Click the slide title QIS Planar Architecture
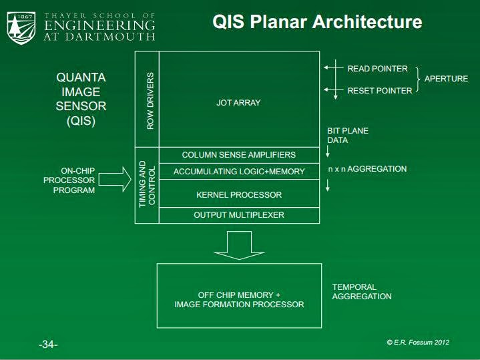point(317,21)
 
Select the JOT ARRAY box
point(238,103)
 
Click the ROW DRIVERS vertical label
point(150,100)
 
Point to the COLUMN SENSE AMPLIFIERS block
point(238,155)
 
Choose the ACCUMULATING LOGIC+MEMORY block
point(238,172)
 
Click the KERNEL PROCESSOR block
point(238,195)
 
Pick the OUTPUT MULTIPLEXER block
point(238,215)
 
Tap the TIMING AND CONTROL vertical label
point(147,184)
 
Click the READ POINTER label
point(377,69)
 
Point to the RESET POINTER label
point(379,91)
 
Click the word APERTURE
point(446,79)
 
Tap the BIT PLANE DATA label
point(347,136)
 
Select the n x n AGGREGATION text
point(367,169)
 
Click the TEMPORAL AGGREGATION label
point(361,292)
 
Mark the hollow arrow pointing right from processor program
point(119,180)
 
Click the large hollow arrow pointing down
point(238,244)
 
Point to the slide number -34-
point(48,345)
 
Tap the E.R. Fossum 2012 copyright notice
point(418,342)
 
